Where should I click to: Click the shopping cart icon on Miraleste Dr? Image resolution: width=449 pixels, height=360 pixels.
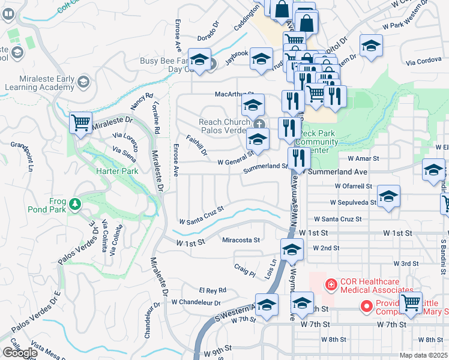[80, 123]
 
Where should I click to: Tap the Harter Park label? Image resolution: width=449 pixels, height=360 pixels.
[117, 171]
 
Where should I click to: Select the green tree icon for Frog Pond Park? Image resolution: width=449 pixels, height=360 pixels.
[75, 204]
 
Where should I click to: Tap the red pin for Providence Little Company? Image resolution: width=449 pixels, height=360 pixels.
[366, 307]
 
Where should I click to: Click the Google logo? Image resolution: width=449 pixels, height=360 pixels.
[20, 353]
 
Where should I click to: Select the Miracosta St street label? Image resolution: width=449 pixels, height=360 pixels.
[240, 240]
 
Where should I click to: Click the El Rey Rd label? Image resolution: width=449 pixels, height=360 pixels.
[212, 290]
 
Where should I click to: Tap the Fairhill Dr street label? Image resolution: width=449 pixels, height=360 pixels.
[197, 145]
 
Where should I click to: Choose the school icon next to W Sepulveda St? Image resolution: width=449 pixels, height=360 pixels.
[388, 197]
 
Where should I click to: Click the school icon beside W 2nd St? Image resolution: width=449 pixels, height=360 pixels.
[292, 250]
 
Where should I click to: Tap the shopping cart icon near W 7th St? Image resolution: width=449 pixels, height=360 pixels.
[411, 304]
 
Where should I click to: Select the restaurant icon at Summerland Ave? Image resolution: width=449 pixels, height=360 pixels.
[298, 158]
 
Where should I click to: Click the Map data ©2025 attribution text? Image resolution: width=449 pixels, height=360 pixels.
[424, 355]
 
